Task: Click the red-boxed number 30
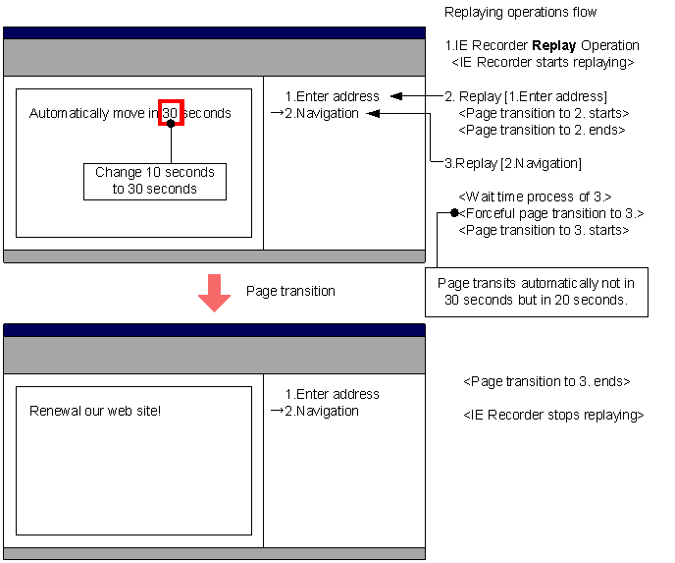click(x=171, y=113)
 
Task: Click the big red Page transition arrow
click(x=215, y=293)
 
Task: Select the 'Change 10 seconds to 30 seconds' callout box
click(x=155, y=182)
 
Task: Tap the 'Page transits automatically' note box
click(x=537, y=292)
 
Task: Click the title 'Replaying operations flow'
click(x=520, y=12)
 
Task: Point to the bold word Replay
click(x=554, y=46)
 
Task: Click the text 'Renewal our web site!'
click(x=95, y=411)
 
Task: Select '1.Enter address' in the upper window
click(x=333, y=96)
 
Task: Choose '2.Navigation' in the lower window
click(x=322, y=412)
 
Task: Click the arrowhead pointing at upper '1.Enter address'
click(x=396, y=96)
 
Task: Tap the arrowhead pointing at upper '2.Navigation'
click(x=373, y=113)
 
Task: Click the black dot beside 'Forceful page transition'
click(x=454, y=212)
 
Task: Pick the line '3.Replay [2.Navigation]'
click(x=513, y=163)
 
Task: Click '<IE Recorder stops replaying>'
click(x=553, y=415)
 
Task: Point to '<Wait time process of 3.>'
click(x=535, y=197)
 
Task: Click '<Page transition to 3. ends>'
click(x=546, y=381)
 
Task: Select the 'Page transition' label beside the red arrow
click(x=290, y=291)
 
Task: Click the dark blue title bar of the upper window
click(x=215, y=33)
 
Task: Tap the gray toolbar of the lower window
click(x=215, y=356)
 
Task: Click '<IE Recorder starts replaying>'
click(x=543, y=63)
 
